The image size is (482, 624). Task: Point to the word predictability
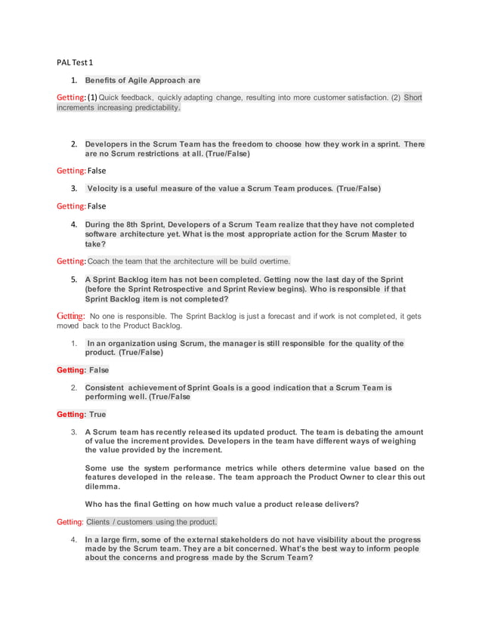(x=152, y=108)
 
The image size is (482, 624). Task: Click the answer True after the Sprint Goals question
(x=97, y=415)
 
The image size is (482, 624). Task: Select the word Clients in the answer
(x=98, y=522)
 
